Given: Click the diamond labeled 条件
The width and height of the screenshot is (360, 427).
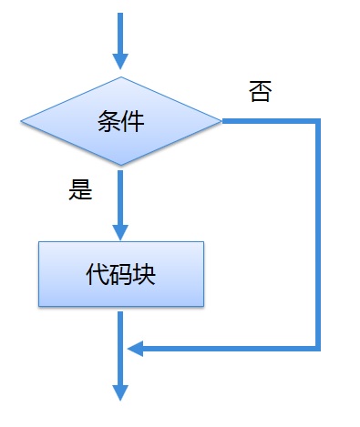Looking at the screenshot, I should coord(120,120).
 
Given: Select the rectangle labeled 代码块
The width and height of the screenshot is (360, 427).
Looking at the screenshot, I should coord(120,274).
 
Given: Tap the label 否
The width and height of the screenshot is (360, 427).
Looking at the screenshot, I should coord(260,91).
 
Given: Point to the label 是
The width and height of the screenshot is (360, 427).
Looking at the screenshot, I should coord(81,191).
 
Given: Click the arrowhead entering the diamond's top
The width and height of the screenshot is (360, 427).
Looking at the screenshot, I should coord(120,61).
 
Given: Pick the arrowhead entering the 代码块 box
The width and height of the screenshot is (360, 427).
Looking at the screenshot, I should coord(120,231).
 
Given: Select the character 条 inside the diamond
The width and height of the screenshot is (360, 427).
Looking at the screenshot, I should coord(108,121).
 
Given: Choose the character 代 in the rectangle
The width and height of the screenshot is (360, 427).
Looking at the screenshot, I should coord(97,274).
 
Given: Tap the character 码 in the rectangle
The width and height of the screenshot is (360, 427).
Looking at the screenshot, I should coord(120,274).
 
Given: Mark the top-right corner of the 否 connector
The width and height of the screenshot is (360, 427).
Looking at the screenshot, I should coord(318,120).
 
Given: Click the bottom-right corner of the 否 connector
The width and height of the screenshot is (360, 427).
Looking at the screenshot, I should coord(318,347).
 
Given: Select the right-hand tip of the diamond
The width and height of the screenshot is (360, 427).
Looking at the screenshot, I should coord(221,120).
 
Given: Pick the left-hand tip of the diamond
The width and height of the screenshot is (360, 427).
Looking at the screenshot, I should coord(21,120).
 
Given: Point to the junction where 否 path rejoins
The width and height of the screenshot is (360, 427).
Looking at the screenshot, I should coord(120,347).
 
